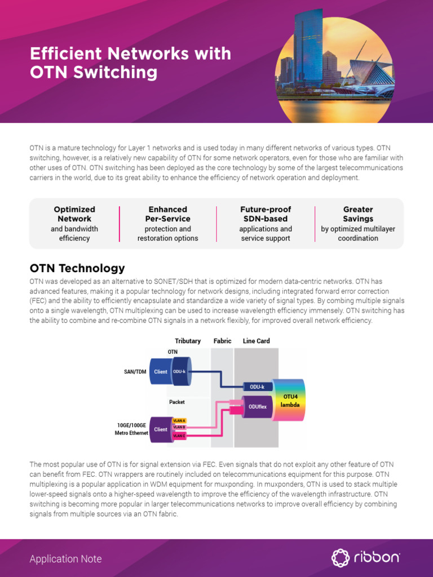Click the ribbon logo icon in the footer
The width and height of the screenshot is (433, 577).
click(340, 558)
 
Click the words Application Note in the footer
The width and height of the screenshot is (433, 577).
click(65, 559)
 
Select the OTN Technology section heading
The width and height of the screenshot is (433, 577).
click(77, 268)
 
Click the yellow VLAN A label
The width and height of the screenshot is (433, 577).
click(179, 421)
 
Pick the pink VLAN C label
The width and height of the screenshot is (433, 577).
click(179, 436)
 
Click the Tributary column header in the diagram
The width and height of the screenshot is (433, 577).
click(188, 341)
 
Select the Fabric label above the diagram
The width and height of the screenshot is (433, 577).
click(222, 341)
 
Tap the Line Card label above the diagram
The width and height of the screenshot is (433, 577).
click(256, 341)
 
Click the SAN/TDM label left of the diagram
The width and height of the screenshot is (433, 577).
click(135, 372)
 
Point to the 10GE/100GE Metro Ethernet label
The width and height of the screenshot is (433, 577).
click(132, 429)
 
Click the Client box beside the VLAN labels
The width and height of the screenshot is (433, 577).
click(161, 429)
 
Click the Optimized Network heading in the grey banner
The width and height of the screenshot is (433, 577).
click(74, 214)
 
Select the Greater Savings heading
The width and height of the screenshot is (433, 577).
click(358, 214)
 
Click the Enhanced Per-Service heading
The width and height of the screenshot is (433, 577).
click(167, 214)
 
